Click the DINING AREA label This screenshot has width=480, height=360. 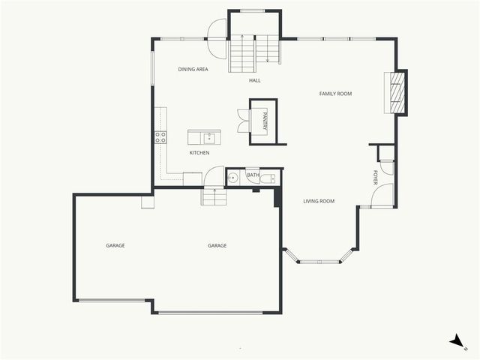pos(193,69)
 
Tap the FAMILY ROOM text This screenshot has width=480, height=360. pos(335,94)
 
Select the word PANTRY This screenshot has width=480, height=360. pos(265,120)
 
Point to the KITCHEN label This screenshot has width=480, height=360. pos(199,153)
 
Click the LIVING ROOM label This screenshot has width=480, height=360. pos(319,201)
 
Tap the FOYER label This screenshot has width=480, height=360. pos(376,178)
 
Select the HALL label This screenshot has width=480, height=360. pos(255,80)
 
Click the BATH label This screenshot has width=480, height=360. pos(253,175)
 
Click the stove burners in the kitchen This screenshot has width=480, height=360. pos(160,136)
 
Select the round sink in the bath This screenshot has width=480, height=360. pos(233,178)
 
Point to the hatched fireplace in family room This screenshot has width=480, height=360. pos(398,91)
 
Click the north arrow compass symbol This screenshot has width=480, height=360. pos(456,341)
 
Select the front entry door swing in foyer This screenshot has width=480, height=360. pos(382,196)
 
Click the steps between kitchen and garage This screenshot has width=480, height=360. pos(213,196)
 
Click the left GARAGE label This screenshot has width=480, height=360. pos(115,246)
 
